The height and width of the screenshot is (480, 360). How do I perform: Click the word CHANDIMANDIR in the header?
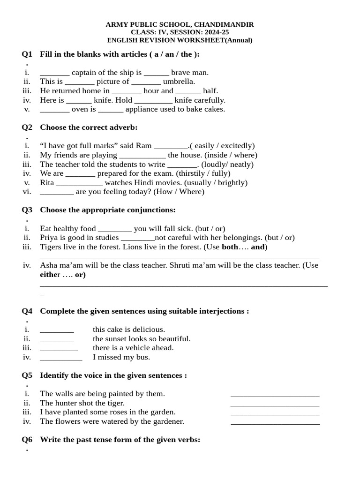click(x=224, y=24)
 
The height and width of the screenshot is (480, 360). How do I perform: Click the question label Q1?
click(x=27, y=54)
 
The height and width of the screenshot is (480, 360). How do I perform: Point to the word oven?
click(x=79, y=109)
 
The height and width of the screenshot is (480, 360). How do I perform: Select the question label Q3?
click(x=27, y=210)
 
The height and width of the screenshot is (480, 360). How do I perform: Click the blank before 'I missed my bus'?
click(x=61, y=358)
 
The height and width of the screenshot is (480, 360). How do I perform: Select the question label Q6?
click(x=27, y=440)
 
